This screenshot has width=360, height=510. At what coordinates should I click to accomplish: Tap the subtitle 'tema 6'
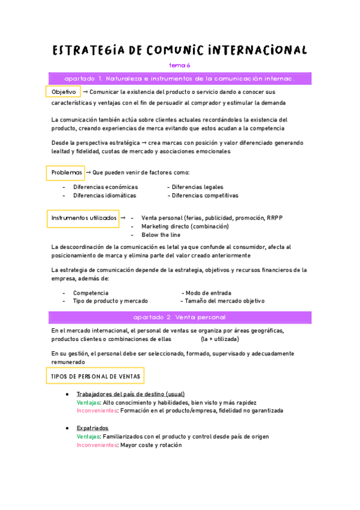point(180,65)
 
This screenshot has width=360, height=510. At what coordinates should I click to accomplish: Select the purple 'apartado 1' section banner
point(180,79)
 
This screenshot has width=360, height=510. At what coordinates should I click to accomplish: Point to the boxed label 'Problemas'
point(67,173)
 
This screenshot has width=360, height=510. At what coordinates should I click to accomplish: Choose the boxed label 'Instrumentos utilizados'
point(84,218)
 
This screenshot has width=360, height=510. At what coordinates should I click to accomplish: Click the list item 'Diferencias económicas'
point(105,187)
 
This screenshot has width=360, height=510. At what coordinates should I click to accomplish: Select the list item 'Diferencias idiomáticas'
point(105,195)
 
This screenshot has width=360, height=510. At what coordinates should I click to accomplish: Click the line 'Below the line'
point(160,235)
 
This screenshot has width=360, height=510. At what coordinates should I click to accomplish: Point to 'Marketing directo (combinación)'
point(185,227)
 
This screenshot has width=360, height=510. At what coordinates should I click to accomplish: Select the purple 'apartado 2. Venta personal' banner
point(180,317)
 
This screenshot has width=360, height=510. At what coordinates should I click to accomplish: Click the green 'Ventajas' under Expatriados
point(89,437)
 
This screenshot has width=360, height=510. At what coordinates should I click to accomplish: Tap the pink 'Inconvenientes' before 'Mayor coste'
point(97,446)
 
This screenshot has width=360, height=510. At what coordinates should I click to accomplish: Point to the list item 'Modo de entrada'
point(208,293)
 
